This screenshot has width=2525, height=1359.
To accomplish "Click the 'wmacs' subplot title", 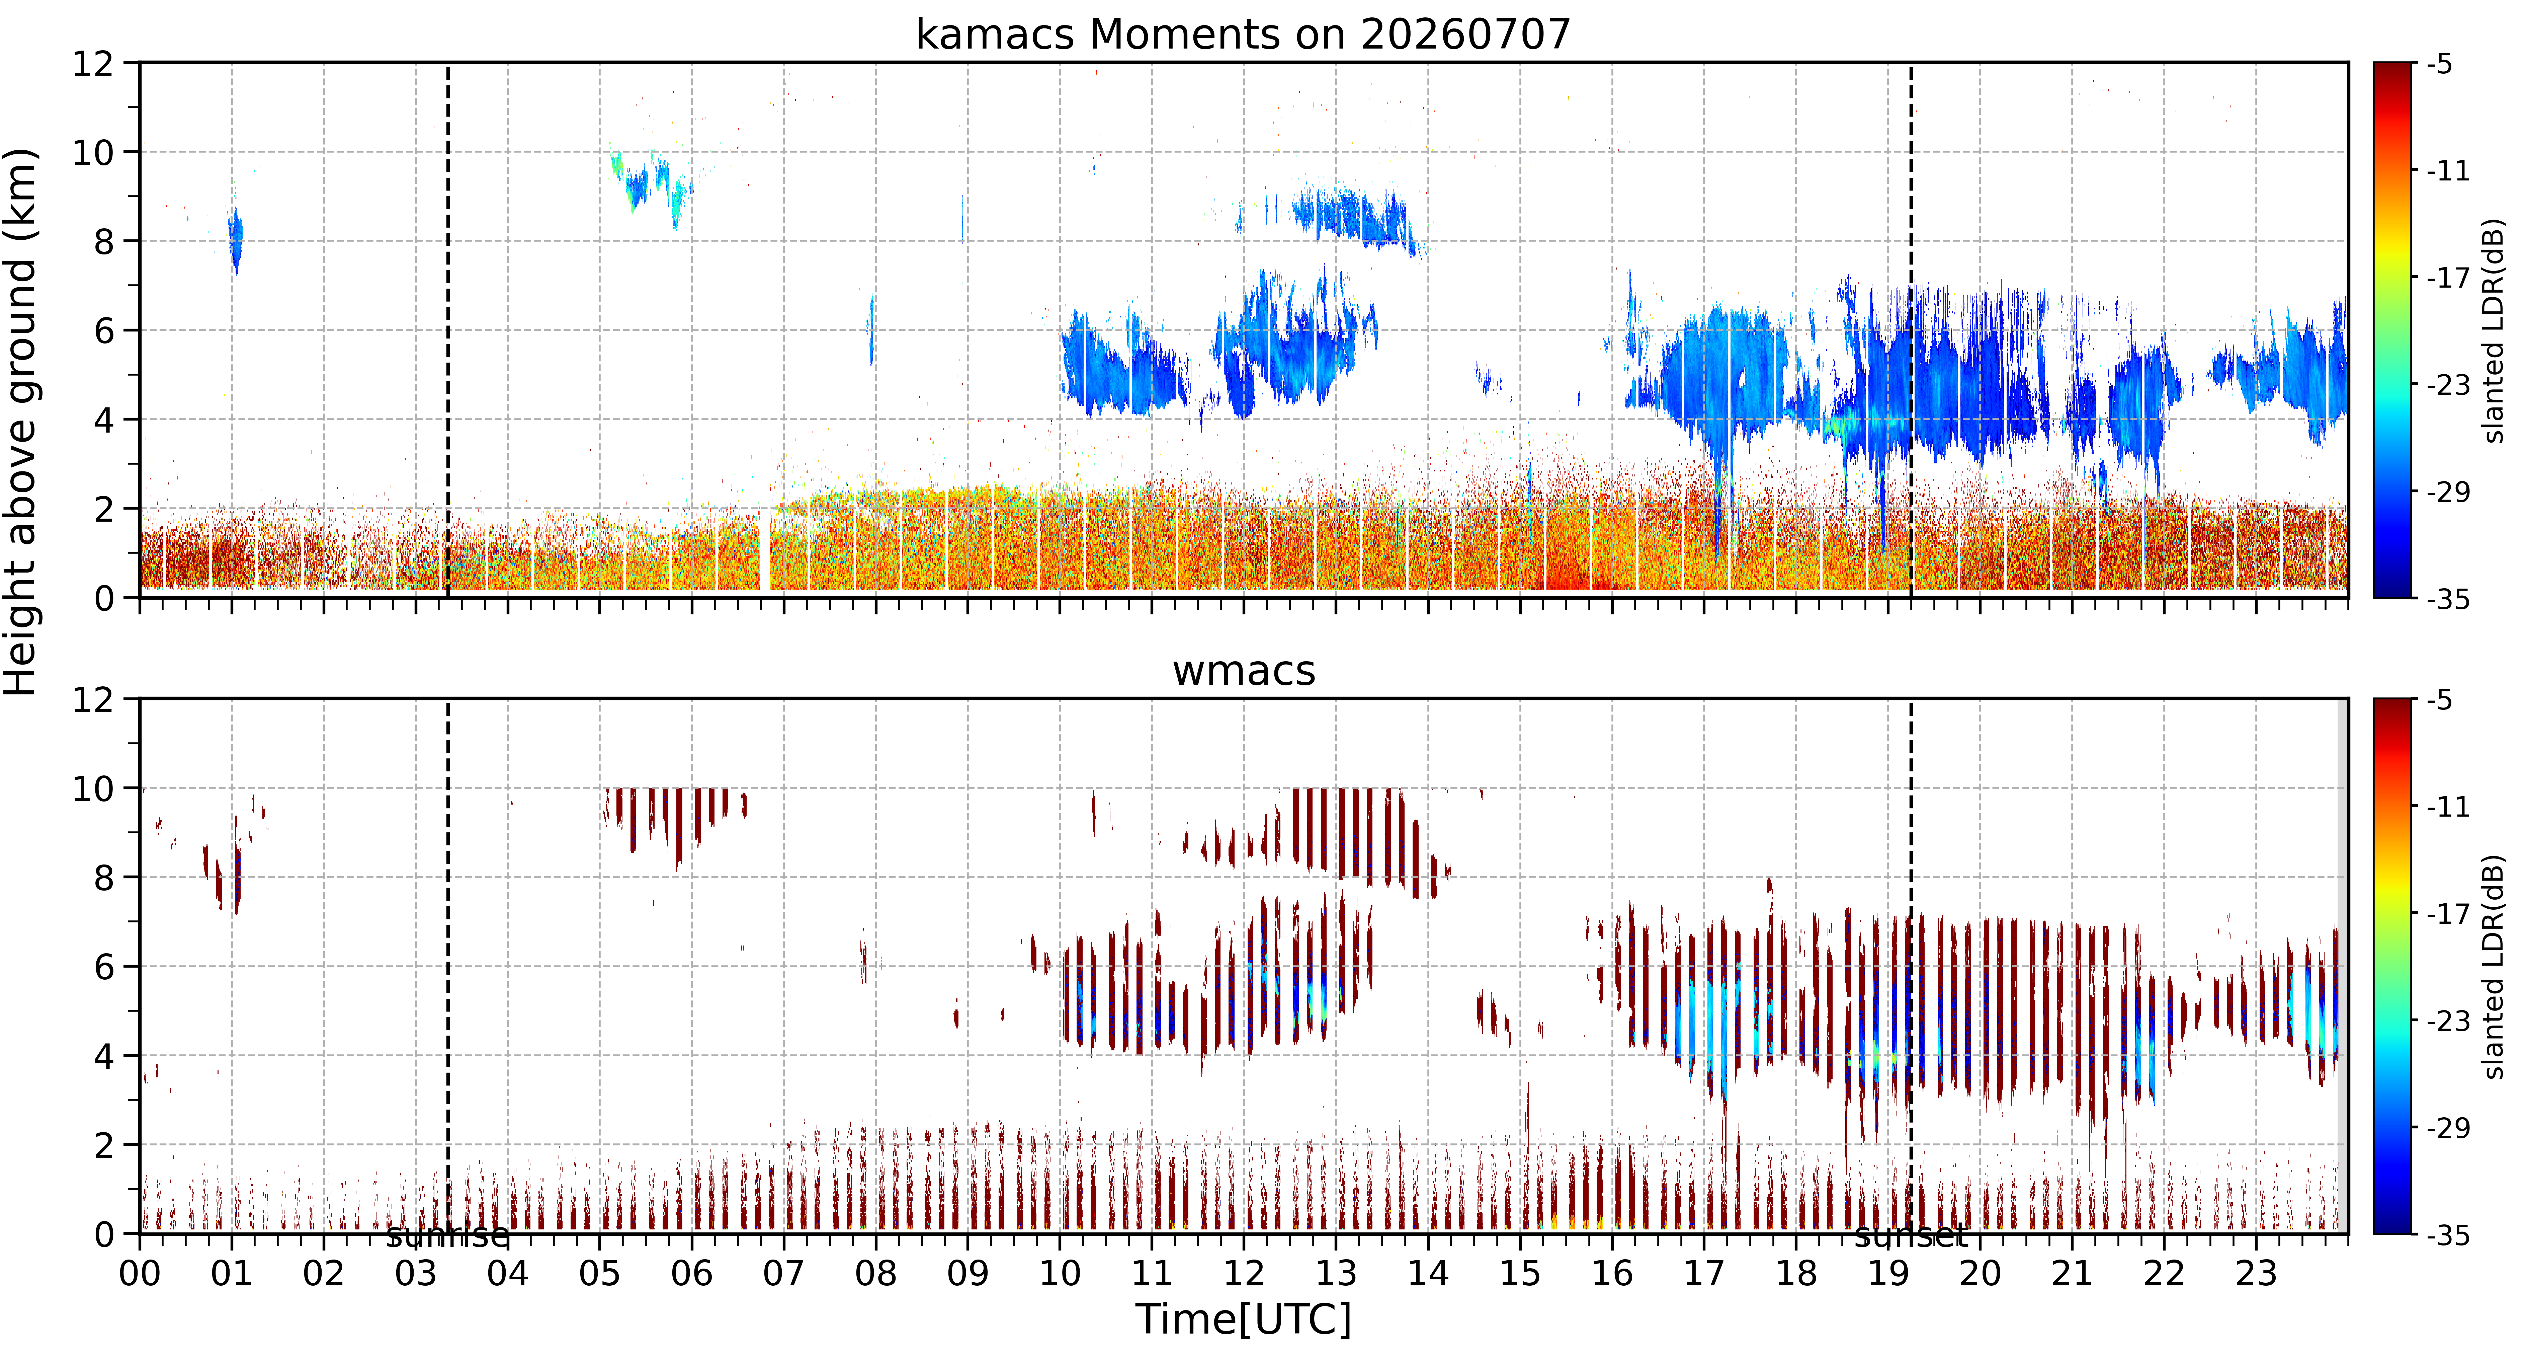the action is (x=1244, y=671).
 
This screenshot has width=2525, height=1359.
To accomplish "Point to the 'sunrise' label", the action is (x=448, y=1236).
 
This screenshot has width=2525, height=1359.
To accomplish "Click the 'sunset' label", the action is (x=1911, y=1236).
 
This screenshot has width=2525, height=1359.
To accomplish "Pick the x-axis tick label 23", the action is (x=2256, y=1274).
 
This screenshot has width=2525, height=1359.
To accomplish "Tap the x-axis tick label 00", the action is (x=140, y=1274).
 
